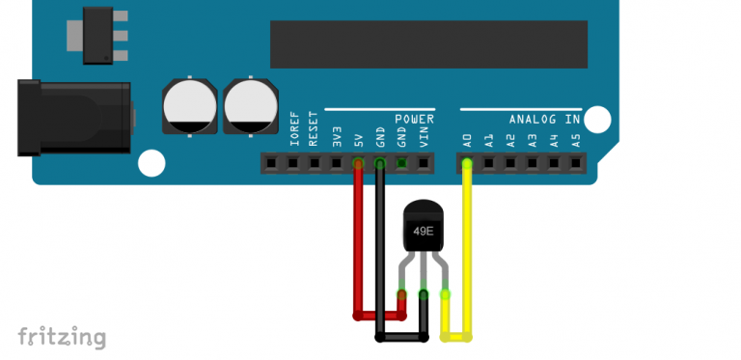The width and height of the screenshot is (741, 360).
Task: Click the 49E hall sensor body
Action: point(423,230)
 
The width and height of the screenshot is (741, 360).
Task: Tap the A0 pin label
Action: point(467,140)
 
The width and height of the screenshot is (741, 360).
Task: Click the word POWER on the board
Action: point(414,119)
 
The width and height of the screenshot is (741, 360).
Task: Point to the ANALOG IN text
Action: point(545,120)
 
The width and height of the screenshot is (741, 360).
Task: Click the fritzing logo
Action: point(62,336)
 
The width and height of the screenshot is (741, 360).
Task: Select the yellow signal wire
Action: point(468,251)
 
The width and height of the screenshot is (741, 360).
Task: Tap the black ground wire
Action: point(380,251)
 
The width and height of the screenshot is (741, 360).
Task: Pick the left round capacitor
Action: point(189,106)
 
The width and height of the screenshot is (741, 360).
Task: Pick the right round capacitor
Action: point(249,106)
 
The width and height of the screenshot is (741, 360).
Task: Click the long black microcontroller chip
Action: point(427,43)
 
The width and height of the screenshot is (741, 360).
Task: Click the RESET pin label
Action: point(315,132)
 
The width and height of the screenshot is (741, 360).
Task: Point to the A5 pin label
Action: point(576,140)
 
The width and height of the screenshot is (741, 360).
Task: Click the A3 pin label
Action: point(533,140)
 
